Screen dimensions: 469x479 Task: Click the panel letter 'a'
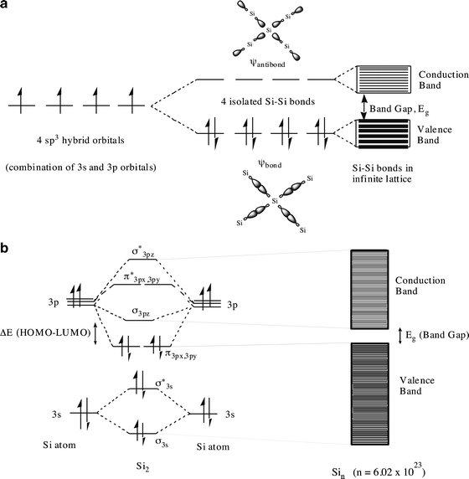point(3,5)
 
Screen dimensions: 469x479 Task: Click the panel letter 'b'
point(3,248)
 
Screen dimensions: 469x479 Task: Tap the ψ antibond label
point(267,64)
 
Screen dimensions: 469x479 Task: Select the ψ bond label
point(270,164)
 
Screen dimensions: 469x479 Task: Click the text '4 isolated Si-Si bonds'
point(268,101)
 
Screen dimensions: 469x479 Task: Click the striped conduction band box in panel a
point(384,79)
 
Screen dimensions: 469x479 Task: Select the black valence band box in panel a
point(384,134)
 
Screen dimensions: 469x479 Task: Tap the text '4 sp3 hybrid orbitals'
point(80,140)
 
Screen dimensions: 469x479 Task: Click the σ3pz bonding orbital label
point(141,312)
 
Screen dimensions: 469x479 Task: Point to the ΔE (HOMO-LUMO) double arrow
point(95,334)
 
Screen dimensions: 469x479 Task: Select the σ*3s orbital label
point(164,384)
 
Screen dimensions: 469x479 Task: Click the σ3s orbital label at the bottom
point(162,442)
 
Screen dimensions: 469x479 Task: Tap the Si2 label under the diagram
point(142,467)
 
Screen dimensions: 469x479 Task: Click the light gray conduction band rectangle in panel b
point(369,289)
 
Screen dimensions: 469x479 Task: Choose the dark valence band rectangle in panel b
point(369,394)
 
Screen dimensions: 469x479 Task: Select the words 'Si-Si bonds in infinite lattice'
point(383,173)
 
